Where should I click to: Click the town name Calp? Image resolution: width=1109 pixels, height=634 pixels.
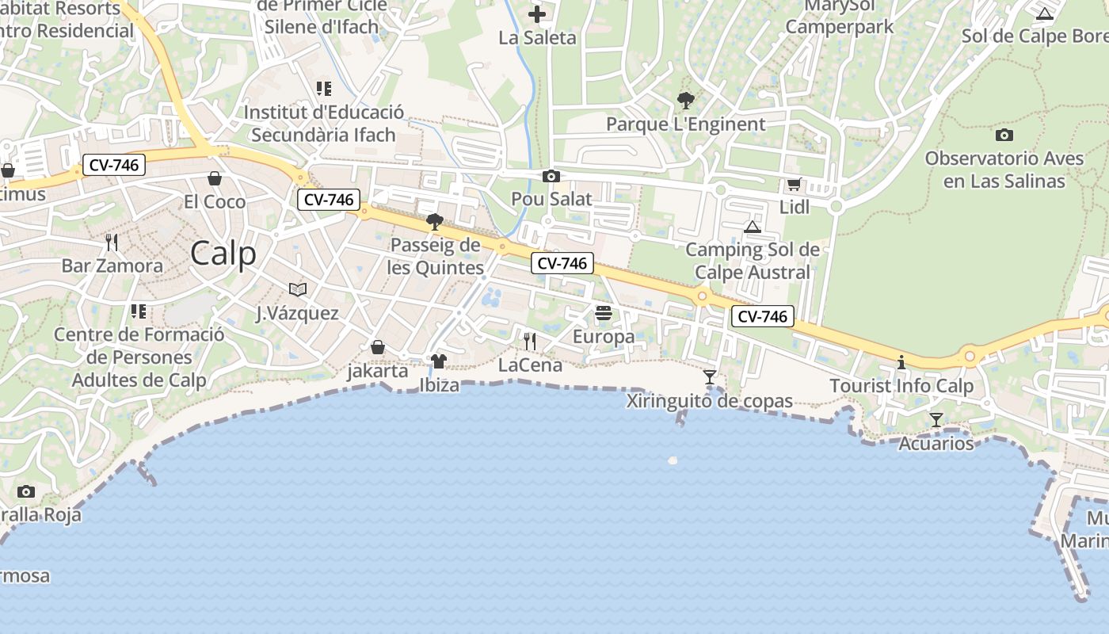click(x=223, y=254)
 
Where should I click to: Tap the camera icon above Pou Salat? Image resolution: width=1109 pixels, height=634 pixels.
click(x=551, y=177)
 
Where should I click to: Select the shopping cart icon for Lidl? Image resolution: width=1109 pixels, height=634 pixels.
click(x=794, y=185)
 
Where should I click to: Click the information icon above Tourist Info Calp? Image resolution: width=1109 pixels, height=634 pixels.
click(x=901, y=363)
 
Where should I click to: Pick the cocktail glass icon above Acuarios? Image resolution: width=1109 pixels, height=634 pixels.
click(x=936, y=419)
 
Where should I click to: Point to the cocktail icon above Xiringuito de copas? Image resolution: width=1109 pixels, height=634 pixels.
click(x=710, y=377)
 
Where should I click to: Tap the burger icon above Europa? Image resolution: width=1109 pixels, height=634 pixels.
click(x=604, y=313)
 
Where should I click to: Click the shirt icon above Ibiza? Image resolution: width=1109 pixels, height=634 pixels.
click(x=439, y=362)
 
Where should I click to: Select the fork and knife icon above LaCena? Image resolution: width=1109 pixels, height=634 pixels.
click(x=530, y=342)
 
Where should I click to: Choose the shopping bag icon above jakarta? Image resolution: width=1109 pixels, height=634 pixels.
click(x=378, y=347)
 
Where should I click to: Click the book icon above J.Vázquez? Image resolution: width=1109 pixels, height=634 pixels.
click(x=297, y=289)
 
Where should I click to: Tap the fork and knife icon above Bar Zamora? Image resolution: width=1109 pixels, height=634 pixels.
click(x=112, y=242)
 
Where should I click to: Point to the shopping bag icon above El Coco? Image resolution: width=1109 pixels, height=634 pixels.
click(x=214, y=178)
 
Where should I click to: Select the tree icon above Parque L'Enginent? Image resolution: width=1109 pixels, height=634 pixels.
click(x=686, y=101)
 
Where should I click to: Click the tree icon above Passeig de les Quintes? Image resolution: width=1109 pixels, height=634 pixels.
click(x=435, y=222)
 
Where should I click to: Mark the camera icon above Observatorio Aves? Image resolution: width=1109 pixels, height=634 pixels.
click(x=1004, y=135)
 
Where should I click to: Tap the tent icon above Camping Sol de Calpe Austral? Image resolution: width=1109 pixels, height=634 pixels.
click(x=753, y=227)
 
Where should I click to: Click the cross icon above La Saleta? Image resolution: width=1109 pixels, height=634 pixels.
click(x=537, y=14)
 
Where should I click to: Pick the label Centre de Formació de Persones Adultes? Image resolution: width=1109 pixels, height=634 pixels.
click(x=139, y=357)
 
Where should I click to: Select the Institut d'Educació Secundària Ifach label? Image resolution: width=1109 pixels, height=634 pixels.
click(x=323, y=124)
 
